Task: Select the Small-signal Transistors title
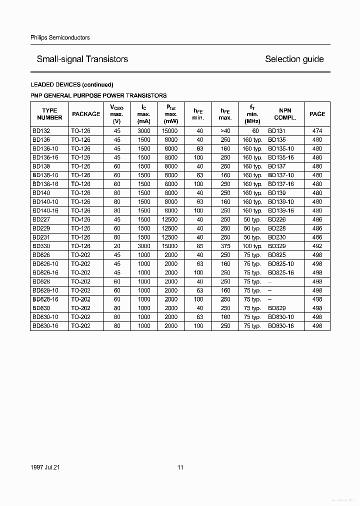(82, 59)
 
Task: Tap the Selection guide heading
(294, 59)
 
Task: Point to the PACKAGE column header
(86, 114)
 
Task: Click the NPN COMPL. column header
(285, 114)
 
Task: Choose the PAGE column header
(317, 114)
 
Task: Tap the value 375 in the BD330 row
(225, 246)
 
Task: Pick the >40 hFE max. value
(225, 131)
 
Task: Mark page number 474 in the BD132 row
(317, 131)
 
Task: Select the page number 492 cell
(317, 246)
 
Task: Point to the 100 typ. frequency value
(252, 246)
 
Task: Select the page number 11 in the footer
(180, 467)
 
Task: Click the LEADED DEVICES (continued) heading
(72, 84)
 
